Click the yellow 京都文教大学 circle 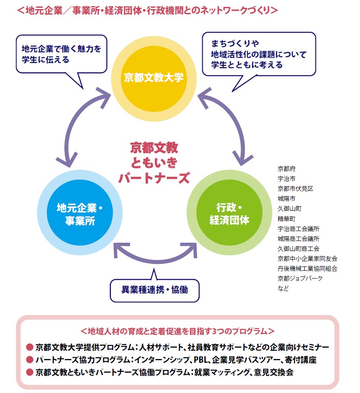pos(154,78)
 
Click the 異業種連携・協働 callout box pos(155,287)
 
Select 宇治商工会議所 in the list pos(299,228)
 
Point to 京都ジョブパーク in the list pos(300,278)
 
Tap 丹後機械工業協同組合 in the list pos(307,268)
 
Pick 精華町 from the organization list pos(287,218)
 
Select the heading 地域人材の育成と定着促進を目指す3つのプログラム pos(177,331)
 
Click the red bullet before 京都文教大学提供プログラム pos(30,347)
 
